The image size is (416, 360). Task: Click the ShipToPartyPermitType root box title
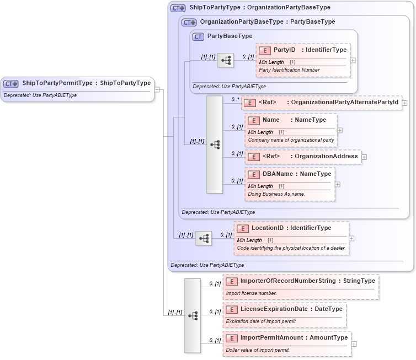86,83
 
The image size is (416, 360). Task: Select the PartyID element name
285,50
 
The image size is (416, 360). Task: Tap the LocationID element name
268,228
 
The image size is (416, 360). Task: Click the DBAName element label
278,174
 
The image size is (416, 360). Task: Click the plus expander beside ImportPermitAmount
354,344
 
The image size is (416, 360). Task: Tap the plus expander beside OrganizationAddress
364,157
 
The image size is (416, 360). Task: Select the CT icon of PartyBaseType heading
198,36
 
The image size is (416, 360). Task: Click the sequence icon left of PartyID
226,61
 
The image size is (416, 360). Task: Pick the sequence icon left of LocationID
204,238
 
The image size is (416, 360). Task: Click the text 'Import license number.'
252,293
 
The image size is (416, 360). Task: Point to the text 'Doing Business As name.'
276,194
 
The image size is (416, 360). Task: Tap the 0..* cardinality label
235,99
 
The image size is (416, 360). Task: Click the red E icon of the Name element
254,120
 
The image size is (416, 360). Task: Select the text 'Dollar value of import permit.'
258,350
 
